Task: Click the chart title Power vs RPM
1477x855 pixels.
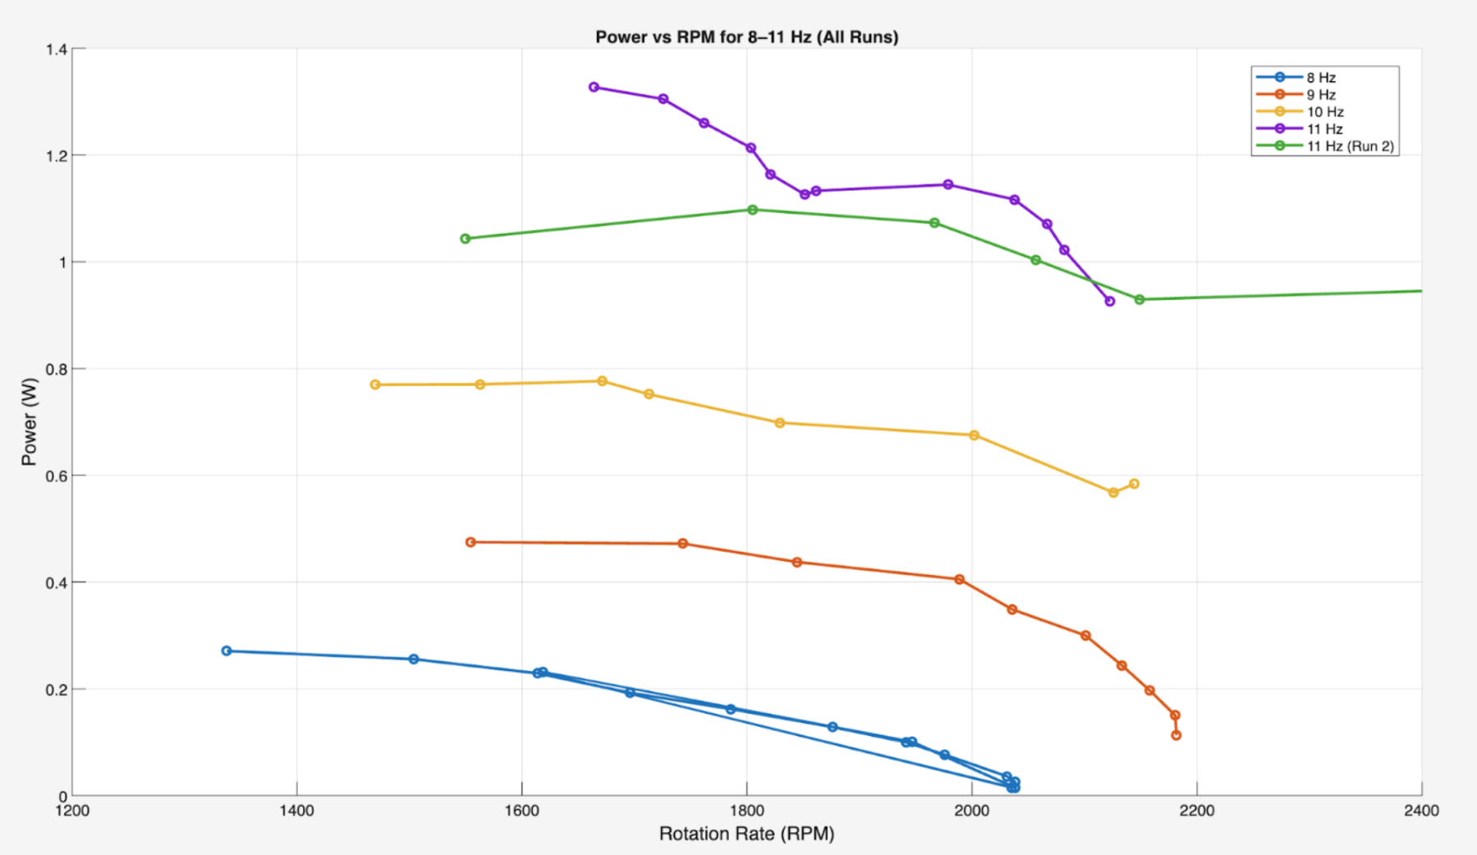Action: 746,37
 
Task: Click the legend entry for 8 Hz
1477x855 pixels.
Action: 1321,77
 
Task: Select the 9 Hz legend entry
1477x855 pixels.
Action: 1321,94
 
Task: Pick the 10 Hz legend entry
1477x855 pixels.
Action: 1324,112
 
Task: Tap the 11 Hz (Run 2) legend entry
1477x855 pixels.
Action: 1350,146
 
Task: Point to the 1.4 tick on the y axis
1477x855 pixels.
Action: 57,49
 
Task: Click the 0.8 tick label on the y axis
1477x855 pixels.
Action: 57,369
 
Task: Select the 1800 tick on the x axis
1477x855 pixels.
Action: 746,811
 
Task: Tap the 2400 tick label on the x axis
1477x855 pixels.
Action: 1421,811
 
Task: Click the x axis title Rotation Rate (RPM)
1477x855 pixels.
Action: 746,834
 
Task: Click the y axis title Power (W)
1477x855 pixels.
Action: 30,421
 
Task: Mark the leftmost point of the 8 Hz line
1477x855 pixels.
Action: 227,651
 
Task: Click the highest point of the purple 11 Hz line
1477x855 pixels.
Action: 594,87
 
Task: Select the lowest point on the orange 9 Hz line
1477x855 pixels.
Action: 1176,735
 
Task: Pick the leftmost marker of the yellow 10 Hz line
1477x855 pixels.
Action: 375,384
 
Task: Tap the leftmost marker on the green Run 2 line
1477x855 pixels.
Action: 466,239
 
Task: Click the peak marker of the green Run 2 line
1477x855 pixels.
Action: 752,209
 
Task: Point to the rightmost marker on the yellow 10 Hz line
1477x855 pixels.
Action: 1134,484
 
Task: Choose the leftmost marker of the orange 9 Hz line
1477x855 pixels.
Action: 470,542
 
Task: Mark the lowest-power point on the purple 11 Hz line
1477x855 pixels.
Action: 1110,301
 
